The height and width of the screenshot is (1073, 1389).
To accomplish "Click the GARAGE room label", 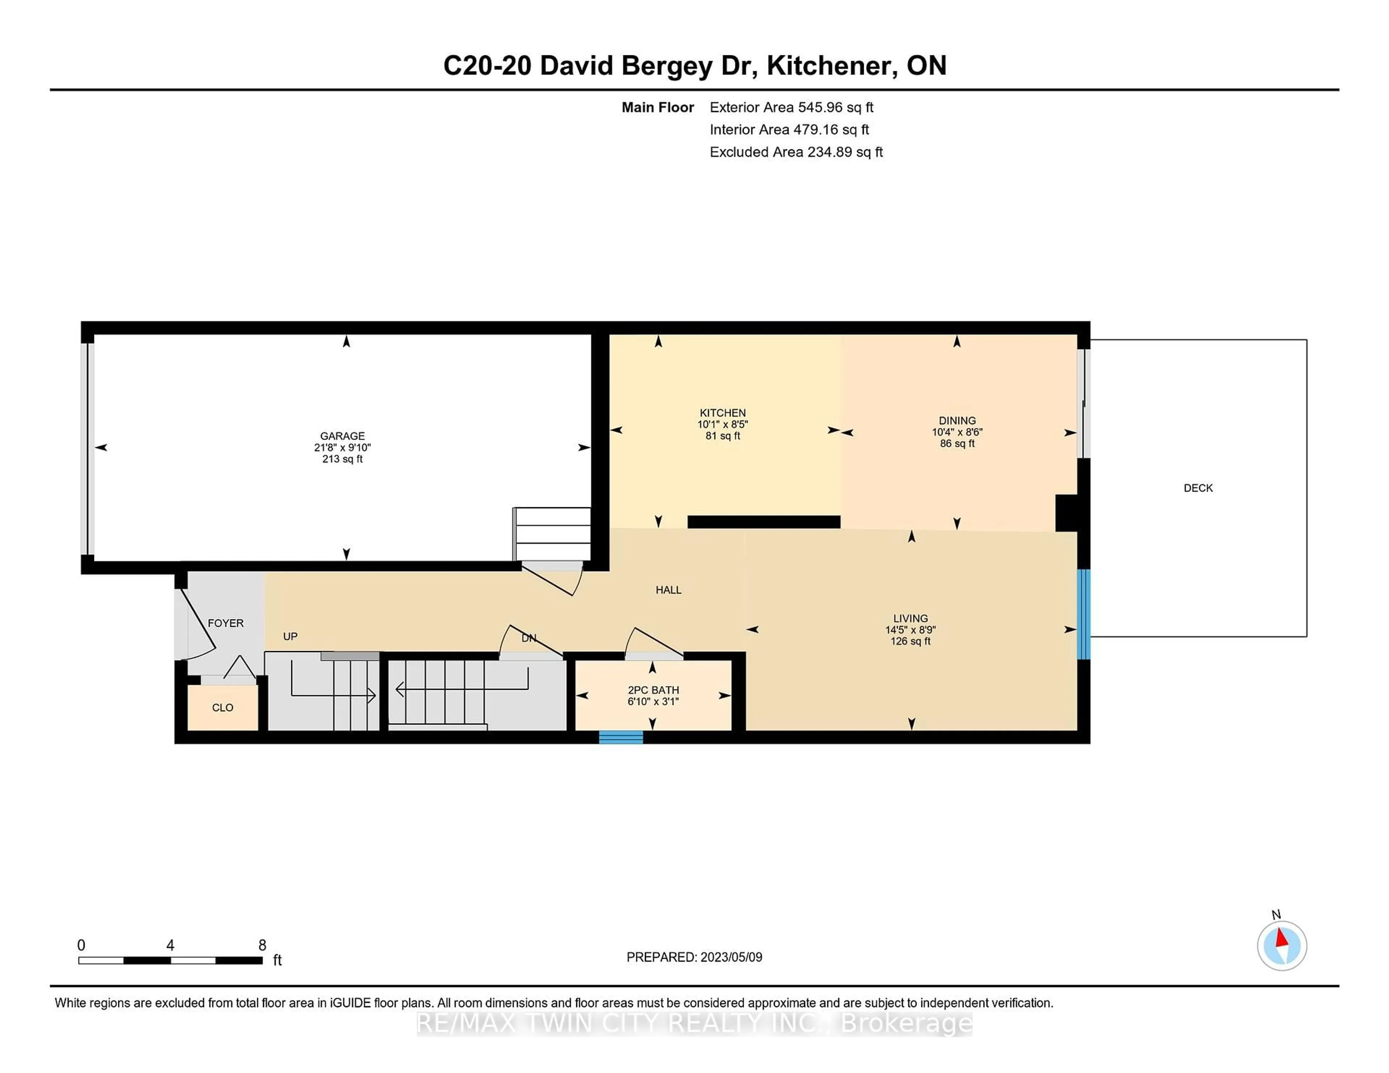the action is click(342, 436).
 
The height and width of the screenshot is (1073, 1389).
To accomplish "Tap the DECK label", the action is click(1198, 488).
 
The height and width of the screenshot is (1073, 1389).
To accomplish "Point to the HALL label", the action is click(668, 590).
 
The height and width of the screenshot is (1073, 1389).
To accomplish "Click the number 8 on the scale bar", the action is click(262, 945).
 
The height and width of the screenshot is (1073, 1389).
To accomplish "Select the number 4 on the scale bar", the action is click(170, 945).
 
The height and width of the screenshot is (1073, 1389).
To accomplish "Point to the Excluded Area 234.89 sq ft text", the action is click(796, 152).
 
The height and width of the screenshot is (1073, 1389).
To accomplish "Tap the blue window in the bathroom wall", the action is click(621, 738).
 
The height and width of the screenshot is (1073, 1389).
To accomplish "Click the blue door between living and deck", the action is click(1084, 614).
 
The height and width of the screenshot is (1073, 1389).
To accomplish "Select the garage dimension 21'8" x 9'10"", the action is click(342, 448).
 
